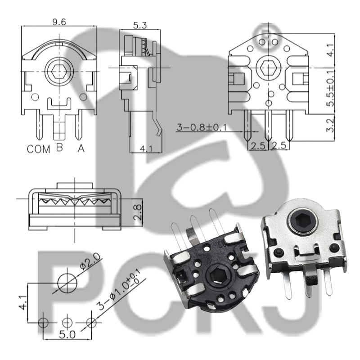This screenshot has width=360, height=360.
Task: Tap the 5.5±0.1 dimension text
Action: click(330, 88)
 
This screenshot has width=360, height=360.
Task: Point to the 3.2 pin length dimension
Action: click(330, 126)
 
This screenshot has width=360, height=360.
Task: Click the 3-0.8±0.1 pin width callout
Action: click(201, 127)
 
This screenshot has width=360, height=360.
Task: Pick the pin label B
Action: click(59, 147)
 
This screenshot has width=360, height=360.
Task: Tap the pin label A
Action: click(81, 148)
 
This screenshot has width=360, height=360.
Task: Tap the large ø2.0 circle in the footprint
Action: click(67, 282)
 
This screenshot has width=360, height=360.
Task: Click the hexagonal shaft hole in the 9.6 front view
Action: click(59, 71)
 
